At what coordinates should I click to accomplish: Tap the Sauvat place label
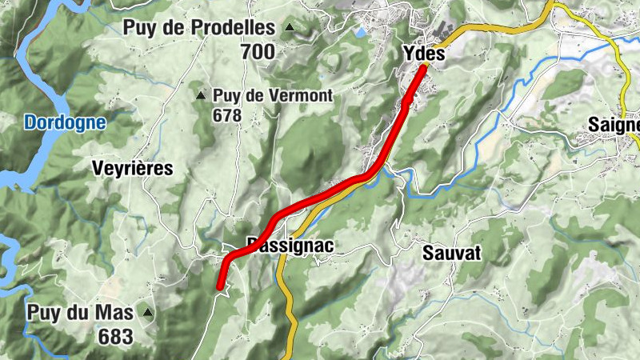tap(451, 254)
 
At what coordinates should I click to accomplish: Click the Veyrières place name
tap(133, 168)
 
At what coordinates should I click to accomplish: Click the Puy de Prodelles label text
tap(198, 28)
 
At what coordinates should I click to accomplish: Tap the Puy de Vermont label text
tap(273, 96)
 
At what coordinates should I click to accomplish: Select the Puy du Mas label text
tap(80, 313)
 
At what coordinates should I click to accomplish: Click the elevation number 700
tap(257, 53)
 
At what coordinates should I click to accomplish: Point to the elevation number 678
tap(227, 115)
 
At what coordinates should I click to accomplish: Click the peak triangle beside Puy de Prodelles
tap(290, 28)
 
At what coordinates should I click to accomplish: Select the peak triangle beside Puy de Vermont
tap(201, 96)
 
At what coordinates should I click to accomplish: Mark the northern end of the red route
tap(422, 69)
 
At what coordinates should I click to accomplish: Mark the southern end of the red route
tap(220, 286)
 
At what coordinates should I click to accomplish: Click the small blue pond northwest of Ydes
tap(361, 33)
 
